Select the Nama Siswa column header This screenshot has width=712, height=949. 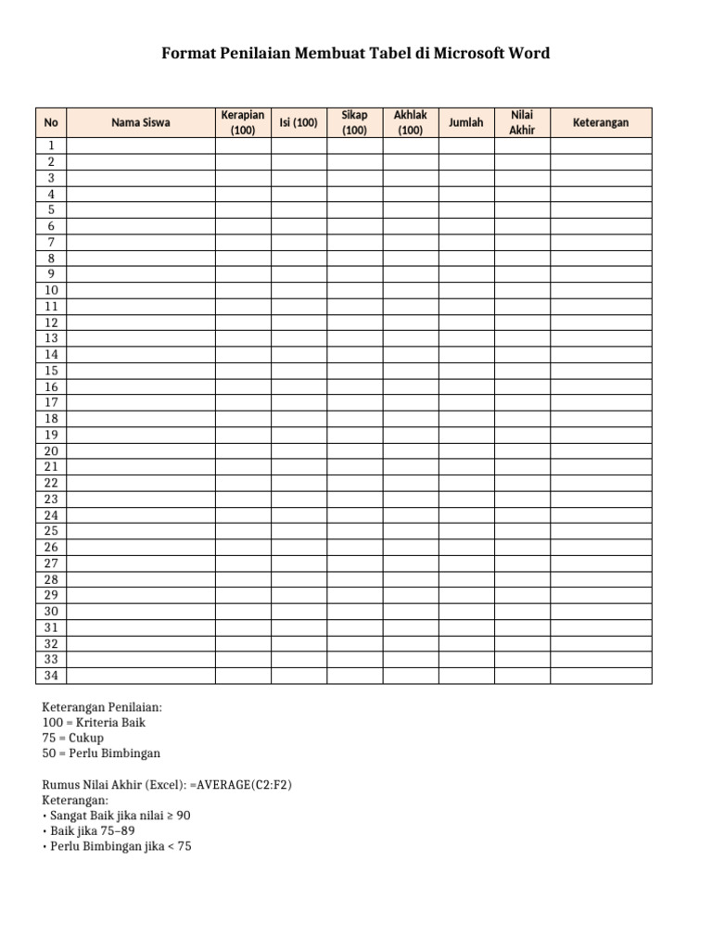(x=141, y=122)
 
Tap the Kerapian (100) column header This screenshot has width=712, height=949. (x=243, y=122)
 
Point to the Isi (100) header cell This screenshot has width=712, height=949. (x=299, y=122)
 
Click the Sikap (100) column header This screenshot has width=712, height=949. (x=354, y=122)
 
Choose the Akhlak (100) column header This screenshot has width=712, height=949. (x=410, y=122)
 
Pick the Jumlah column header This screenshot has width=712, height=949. (x=465, y=122)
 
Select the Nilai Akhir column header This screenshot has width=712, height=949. (x=522, y=122)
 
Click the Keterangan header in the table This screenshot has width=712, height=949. (x=600, y=122)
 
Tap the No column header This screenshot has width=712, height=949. (x=51, y=122)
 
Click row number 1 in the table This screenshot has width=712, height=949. (x=51, y=146)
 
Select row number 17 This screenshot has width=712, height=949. (x=51, y=402)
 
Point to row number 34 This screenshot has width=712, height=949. (x=51, y=676)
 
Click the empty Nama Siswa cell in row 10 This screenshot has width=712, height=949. (x=141, y=290)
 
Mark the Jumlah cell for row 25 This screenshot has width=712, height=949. (x=465, y=531)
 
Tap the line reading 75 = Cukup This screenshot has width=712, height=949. (x=73, y=738)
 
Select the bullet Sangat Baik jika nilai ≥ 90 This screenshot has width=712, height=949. (x=119, y=816)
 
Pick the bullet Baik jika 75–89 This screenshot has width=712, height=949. (x=95, y=831)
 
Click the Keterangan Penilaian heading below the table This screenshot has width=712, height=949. (x=102, y=706)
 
